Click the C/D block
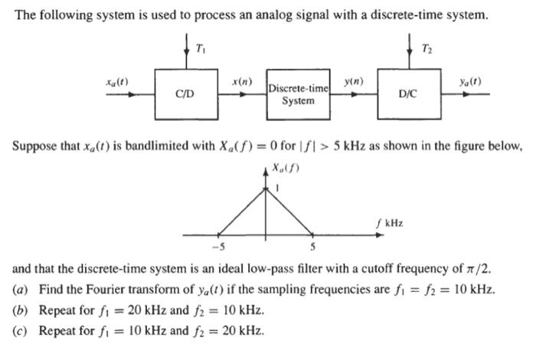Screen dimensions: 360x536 pyautogui.click(x=185, y=94)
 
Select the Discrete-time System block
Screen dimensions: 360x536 pyautogui.click(x=298, y=95)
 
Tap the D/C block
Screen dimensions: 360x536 pyautogui.click(x=407, y=94)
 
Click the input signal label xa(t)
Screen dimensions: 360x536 pyautogui.click(x=116, y=80)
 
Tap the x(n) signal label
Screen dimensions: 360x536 pyautogui.click(x=242, y=80)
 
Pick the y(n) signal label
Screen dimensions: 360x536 pyautogui.click(x=354, y=80)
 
